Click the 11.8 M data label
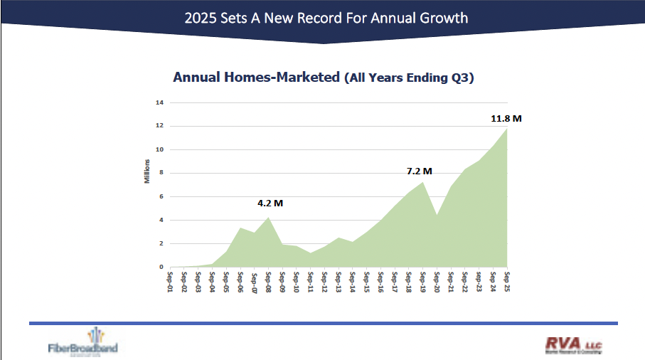click(506, 118)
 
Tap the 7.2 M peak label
click(419, 171)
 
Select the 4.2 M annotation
click(270, 203)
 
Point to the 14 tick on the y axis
click(160, 102)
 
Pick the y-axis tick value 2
click(161, 243)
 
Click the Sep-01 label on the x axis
click(170, 279)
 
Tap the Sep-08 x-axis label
click(268, 279)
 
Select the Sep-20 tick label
click(437, 279)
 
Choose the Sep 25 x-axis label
click(507, 279)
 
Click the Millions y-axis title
click(147, 173)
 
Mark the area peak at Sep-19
click(423, 184)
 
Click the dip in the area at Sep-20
click(437, 216)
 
